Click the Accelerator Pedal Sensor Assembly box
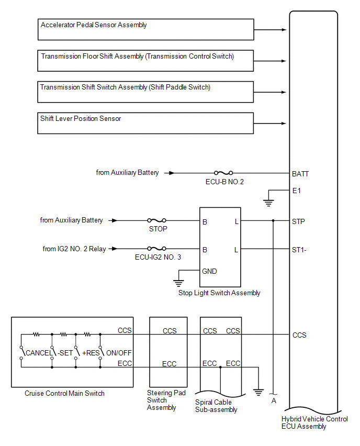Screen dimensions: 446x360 [x=145, y=29]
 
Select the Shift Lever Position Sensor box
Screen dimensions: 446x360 [x=145, y=123]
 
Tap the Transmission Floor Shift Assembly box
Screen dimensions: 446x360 [x=145, y=61]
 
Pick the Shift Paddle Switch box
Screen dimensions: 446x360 [x=145, y=92]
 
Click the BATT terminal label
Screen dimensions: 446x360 [x=301, y=173]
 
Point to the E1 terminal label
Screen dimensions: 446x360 [x=297, y=191]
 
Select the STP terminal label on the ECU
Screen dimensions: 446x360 [x=299, y=221]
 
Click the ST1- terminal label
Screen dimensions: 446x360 [x=299, y=250]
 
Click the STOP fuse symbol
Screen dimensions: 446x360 [x=157, y=221]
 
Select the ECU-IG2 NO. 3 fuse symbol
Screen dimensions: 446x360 [x=157, y=249]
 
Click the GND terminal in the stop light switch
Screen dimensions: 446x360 [x=209, y=271]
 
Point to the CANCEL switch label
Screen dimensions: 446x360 [x=39, y=353]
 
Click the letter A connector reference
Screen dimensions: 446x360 [x=273, y=401]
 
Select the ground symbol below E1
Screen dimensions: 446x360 [x=268, y=202]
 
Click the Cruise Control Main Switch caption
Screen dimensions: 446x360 [x=64, y=393]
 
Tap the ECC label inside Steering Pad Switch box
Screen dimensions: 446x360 [x=170, y=364]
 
